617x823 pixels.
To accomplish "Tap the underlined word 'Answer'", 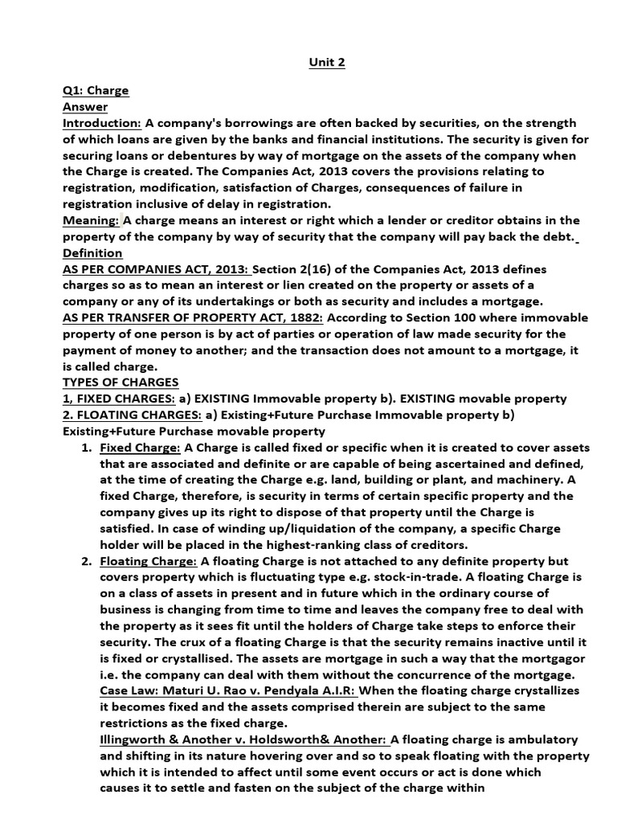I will tap(85, 106).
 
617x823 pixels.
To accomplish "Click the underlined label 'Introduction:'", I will tap(102, 122).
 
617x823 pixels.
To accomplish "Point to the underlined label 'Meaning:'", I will tap(91, 220).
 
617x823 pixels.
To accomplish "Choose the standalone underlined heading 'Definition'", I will tap(92, 253).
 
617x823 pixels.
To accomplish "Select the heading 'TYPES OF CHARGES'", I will tap(121, 383).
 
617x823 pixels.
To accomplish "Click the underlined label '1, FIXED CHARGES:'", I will tap(119, 399).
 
